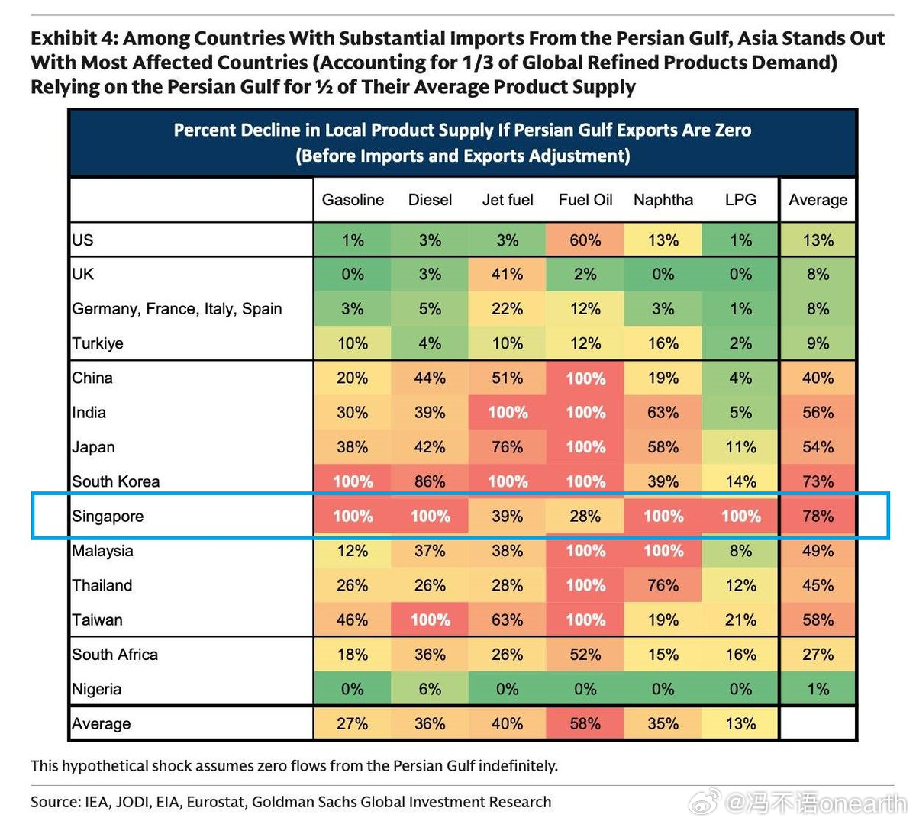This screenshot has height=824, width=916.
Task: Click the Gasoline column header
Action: click(x=353, y=200)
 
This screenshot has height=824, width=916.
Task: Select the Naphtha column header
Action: click(x=663, y=200)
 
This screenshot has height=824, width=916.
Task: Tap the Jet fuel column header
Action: click(x=508, y=200)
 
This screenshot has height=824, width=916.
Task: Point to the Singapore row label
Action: click(x=108, y=517)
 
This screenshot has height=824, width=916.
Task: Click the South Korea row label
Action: click(x=116, y=482)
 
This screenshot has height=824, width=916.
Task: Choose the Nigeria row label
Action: click(x=97, y=690)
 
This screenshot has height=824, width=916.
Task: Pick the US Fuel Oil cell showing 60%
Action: click(x=585, y=240)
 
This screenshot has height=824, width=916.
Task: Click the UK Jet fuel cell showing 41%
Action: click(x=508, y=275)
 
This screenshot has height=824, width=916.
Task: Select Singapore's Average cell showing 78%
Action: click(x=818, y=517)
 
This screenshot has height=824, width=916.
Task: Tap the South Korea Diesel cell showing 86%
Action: click(x=431, y=482)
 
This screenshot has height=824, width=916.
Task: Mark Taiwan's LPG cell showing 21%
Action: click(x=740, y=620)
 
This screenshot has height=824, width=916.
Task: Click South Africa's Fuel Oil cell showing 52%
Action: click(x=585, y=655)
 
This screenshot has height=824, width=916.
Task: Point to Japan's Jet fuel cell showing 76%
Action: click(x=508, y=447)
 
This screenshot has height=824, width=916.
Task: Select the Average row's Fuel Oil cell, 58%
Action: click(x=585, y=724)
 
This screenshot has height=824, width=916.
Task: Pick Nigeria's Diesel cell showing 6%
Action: click(x=431, y=690)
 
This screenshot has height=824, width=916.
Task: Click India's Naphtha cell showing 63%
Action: click(x=663, y=413)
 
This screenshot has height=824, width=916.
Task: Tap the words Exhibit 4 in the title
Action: click(x=74, y=38)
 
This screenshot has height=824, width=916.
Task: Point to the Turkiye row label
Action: click(x=98, y=343)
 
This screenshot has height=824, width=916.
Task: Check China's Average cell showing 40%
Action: click(x=818, y=378)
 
